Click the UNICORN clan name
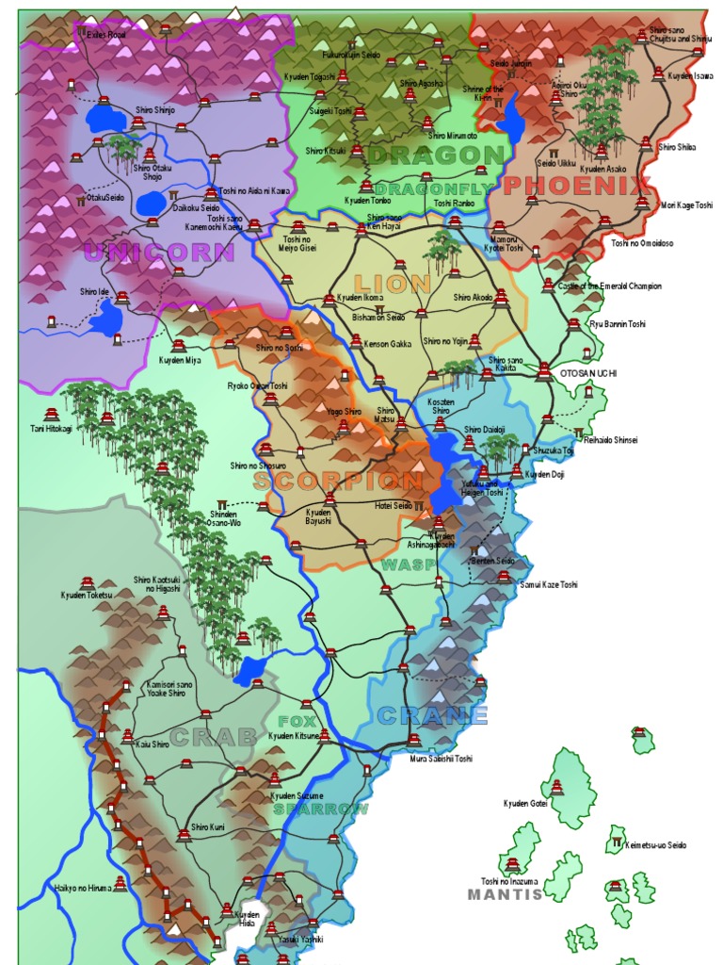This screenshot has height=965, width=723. click(158, 252)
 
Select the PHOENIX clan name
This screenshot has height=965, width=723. click(577, 185)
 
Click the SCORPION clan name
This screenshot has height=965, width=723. click(338, 482)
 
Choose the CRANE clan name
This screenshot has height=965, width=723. click(432, 715)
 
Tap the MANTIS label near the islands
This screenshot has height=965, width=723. click(506, 894)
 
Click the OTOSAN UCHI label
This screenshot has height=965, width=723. click(588, 373)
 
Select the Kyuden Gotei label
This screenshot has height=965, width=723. click(524, 803)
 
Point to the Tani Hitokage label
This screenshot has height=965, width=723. click(51, 429)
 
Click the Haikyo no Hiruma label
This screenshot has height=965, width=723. click(83, 888)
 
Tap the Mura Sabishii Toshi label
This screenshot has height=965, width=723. click(441, 758)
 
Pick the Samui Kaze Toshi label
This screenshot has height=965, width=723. click(549, 584)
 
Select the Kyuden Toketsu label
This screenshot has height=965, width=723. click(86, 595)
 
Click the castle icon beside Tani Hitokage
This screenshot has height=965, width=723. click(51, 414)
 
